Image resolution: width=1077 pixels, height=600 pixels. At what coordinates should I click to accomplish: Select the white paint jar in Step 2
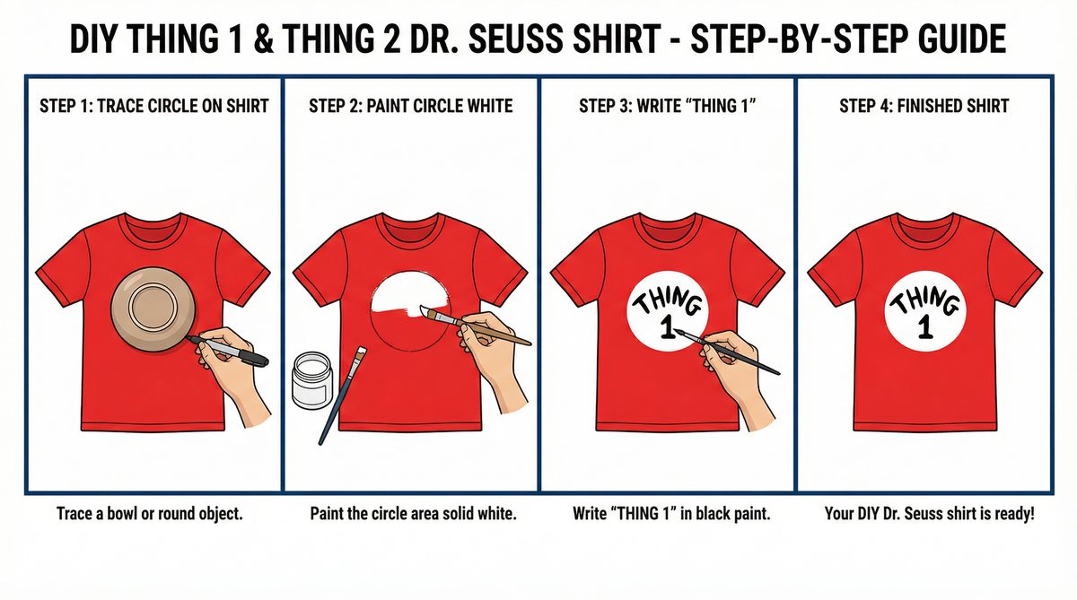(313, 382)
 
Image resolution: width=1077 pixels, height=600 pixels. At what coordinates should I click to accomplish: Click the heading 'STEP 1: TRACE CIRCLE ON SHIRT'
(154, 106)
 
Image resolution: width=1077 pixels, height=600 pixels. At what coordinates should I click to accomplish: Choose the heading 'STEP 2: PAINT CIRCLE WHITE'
(410, 106)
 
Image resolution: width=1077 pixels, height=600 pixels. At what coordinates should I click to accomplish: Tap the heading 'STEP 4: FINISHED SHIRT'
(924, 106)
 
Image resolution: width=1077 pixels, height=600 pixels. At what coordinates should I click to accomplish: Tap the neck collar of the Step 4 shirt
(924, 221)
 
